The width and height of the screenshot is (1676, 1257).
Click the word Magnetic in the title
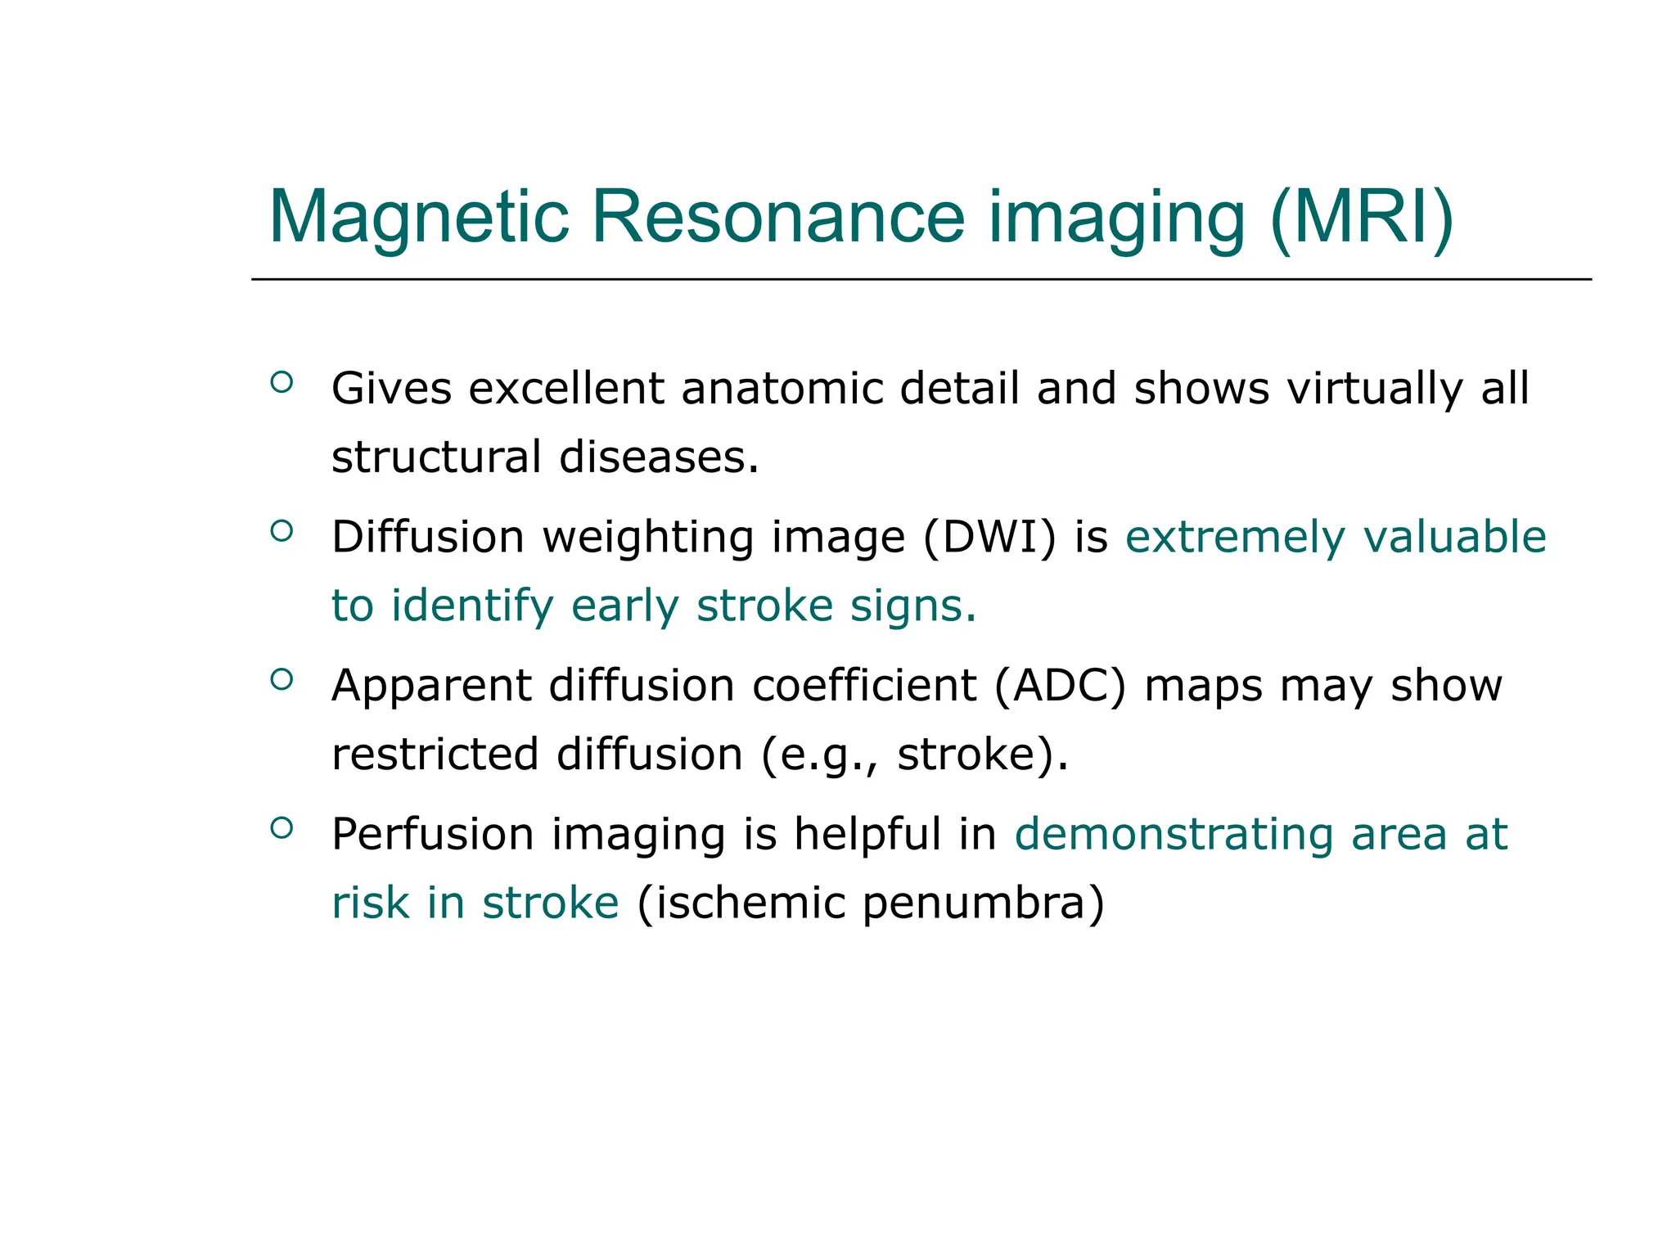[x=418, y=218]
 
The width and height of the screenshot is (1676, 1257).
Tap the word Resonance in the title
[x=777, y=218]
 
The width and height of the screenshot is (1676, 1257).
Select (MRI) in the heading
[x=1361, y=218]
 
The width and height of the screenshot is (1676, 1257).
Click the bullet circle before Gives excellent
[x=281, y=382]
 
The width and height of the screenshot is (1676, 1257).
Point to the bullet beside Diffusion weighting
[x=281, y=531]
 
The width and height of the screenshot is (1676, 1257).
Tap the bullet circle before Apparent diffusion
[x=281, y=679]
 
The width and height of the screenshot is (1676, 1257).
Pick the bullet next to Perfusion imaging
[x=281, y=828]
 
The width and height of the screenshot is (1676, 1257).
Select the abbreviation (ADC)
[x=1061, y=686]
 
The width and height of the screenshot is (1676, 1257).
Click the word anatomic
[x=782, y=388]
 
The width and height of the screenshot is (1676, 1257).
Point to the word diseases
[x=659, y=457]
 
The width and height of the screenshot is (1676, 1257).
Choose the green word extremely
[x=1235, y=538]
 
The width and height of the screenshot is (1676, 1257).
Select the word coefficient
[x=864, y=686]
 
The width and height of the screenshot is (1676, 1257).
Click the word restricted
[x=435, y=754]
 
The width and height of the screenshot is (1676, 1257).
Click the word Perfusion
[x=432, y=835]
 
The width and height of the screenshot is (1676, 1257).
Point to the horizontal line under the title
[x=921, y=279]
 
